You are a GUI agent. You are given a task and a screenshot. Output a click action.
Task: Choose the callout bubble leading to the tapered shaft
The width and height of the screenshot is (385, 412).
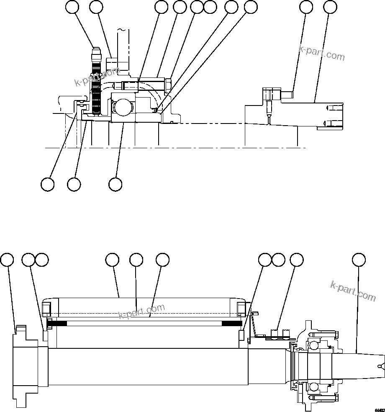[x=358, y=260]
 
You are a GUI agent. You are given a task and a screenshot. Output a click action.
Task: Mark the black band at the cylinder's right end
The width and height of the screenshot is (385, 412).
[x=231, y=323]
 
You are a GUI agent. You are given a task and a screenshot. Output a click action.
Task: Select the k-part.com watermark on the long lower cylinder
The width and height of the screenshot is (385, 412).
[x=142, y=311]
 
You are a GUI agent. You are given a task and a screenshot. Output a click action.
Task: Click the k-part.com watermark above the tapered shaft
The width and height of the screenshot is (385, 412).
[x=353, y=291]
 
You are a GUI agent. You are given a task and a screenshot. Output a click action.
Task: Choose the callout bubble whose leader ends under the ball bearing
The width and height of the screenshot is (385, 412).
[x=115, y=184]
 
